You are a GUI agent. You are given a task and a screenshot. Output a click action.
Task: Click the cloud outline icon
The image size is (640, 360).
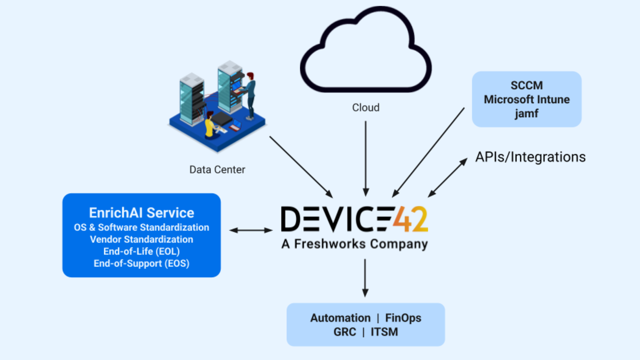[x=365, y=49]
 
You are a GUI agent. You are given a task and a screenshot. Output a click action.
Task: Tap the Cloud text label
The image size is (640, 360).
[x=366, y=107]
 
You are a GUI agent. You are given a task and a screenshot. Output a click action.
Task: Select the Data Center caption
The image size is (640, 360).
[x=217, y=170]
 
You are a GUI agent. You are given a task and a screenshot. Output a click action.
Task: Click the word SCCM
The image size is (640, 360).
[x=526, y=85]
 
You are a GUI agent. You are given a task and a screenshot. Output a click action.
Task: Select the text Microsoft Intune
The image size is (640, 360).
[x=526, y=100]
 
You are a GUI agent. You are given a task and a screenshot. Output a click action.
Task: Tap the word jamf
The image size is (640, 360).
[x=526, y=114]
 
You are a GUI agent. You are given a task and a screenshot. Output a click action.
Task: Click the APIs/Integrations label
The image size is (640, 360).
[x=530, y=157]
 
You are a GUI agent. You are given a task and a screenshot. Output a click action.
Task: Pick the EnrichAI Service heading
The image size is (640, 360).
[x=142, y=213]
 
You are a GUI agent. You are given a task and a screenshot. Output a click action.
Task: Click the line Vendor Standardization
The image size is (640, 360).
[x=142, y=239]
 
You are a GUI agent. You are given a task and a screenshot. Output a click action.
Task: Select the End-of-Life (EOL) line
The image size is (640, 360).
[x=142, y=251]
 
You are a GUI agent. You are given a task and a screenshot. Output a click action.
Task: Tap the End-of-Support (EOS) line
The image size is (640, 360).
[x=142, y=263]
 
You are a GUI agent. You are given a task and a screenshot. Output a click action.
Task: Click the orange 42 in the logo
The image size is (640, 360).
[x=410, y=219]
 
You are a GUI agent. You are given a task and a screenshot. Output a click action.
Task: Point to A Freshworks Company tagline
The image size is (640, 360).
[x=354, y=244]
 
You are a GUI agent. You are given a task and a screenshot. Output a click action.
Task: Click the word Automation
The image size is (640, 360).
[x=340, y=318]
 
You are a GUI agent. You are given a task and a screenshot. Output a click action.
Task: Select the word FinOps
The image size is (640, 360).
[x=403, y=318]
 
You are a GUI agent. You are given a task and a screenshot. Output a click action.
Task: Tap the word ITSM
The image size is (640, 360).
[x=384, y=332]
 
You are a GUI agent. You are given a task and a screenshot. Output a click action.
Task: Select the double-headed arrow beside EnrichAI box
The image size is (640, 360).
[x=251, y=230]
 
